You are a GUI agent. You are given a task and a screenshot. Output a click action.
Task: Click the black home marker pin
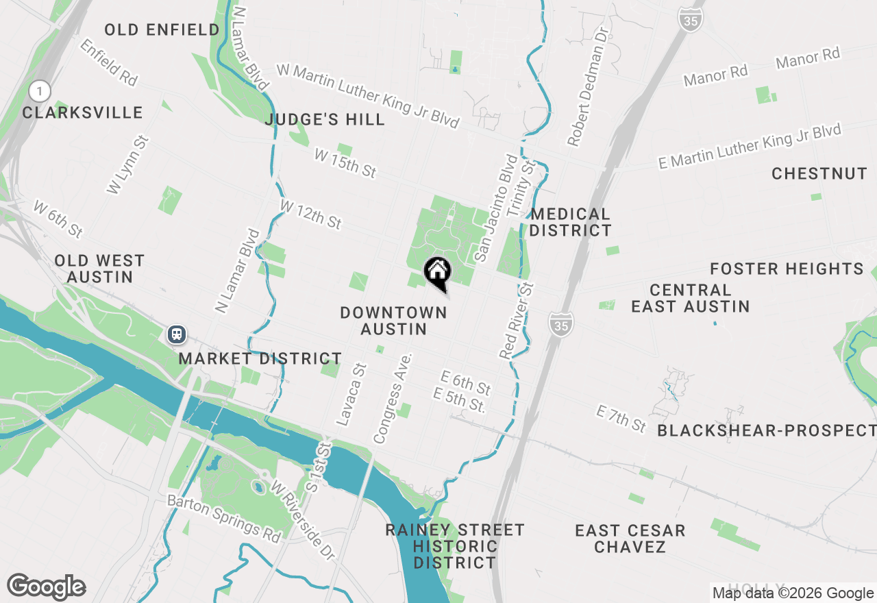click(x=437, y=273)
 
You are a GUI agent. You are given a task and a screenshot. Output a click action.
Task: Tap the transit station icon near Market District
click(x=177, y=334)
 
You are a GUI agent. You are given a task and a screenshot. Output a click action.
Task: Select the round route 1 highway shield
click(x=40, y=90)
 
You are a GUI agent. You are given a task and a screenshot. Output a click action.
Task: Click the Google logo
click(x=46, y=587)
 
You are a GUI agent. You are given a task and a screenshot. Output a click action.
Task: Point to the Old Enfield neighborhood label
click(x=162, y=29)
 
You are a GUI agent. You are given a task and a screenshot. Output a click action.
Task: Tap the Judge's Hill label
click(x=325, y=120)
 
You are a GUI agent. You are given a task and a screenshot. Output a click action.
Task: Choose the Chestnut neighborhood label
click(x=819, y=174)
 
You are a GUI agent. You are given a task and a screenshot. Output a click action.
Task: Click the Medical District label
click(x=570, y=223)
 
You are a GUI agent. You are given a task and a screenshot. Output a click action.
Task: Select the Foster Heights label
click(x=787, y=269)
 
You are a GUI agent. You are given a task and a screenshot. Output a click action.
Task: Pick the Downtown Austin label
click(x=393, y=321)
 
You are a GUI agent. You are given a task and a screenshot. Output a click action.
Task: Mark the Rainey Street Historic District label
click(x=454, y=546)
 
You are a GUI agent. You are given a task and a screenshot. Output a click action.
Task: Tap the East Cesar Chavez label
click(x=630, y=539)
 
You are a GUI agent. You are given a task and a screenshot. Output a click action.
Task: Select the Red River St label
click(x=517, y=320)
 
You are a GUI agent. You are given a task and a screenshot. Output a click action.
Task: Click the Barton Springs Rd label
click(x=224, y=519)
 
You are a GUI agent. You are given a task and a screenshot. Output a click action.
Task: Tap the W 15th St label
click(x=345, y=164)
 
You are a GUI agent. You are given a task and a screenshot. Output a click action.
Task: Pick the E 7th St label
click(x=621, y=419)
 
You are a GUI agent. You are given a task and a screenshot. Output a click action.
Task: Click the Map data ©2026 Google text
click(x=793, y=593)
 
